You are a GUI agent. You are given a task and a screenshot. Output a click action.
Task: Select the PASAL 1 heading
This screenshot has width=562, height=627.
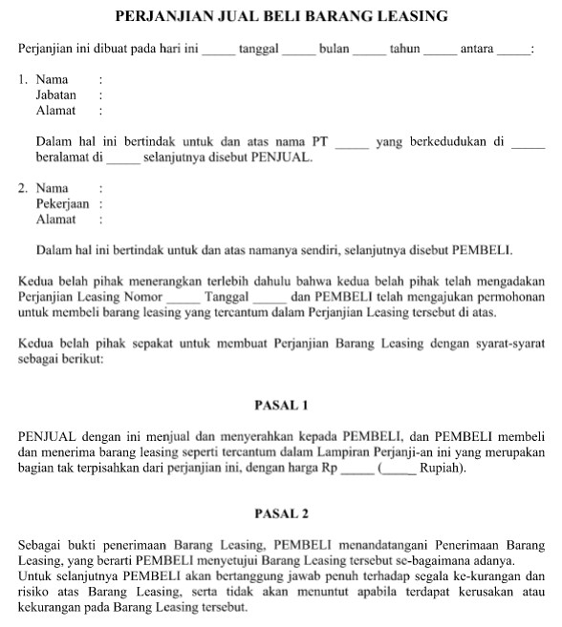point(281,405)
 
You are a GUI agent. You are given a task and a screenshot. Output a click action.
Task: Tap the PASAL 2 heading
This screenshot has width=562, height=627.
point(281,513)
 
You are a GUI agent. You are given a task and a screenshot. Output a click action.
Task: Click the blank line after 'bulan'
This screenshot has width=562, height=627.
point(370,51)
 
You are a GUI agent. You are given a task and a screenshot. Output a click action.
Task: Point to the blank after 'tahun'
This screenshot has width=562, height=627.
point(440,51)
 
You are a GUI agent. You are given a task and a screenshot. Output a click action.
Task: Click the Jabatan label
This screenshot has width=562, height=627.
point(56,95)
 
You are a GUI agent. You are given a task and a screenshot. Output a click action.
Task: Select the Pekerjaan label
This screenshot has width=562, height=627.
point(62,203)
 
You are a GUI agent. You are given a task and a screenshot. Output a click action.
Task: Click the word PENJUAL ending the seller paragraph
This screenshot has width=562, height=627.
point(280,157)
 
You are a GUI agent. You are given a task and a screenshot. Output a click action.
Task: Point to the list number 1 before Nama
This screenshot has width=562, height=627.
point(23,79)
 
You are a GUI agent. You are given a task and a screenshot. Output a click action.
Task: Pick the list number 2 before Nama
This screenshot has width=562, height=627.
point(23,188)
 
